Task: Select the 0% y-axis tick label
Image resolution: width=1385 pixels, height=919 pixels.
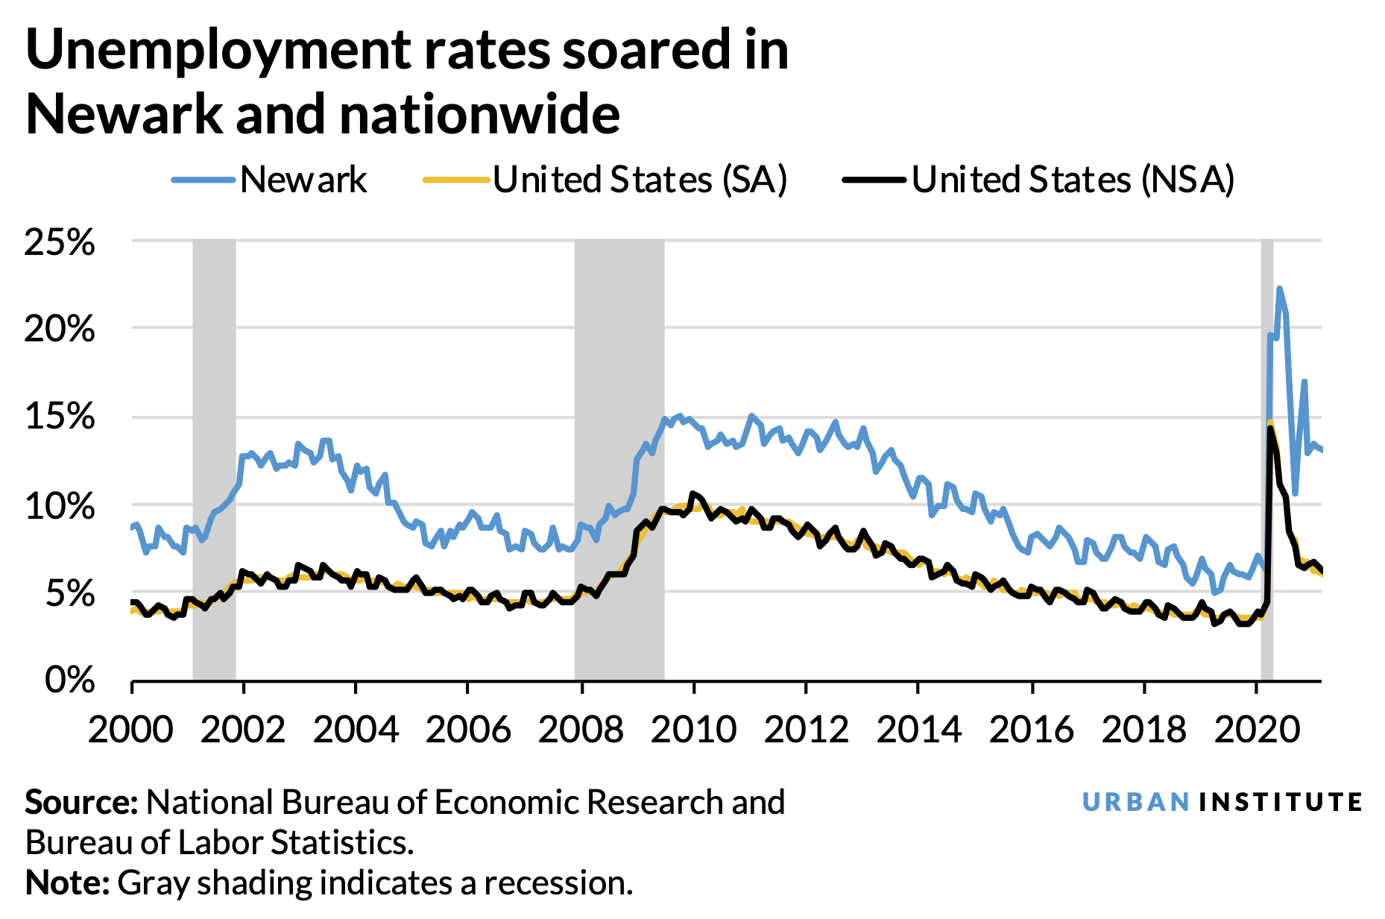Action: (x=71, y=680)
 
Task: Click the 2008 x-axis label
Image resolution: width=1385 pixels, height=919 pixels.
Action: (x=581, y=729)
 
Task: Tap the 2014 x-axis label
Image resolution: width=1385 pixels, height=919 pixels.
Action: (x=918, y=729)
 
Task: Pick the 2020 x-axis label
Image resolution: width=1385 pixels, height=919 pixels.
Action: (x=1256, y=729)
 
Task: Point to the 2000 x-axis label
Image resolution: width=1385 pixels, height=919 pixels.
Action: (x=131, y=729)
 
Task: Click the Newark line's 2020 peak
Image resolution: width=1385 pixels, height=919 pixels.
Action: (x=1279, y=288)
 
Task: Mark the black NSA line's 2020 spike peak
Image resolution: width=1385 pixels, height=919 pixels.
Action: (x=1269, y=429)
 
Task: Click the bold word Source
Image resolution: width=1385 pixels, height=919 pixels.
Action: (x=81, y=803)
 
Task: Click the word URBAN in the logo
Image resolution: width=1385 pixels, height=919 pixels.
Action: (x=1135, y=802)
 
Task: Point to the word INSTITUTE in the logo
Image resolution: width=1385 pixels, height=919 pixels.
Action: (x=1281, y=802)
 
